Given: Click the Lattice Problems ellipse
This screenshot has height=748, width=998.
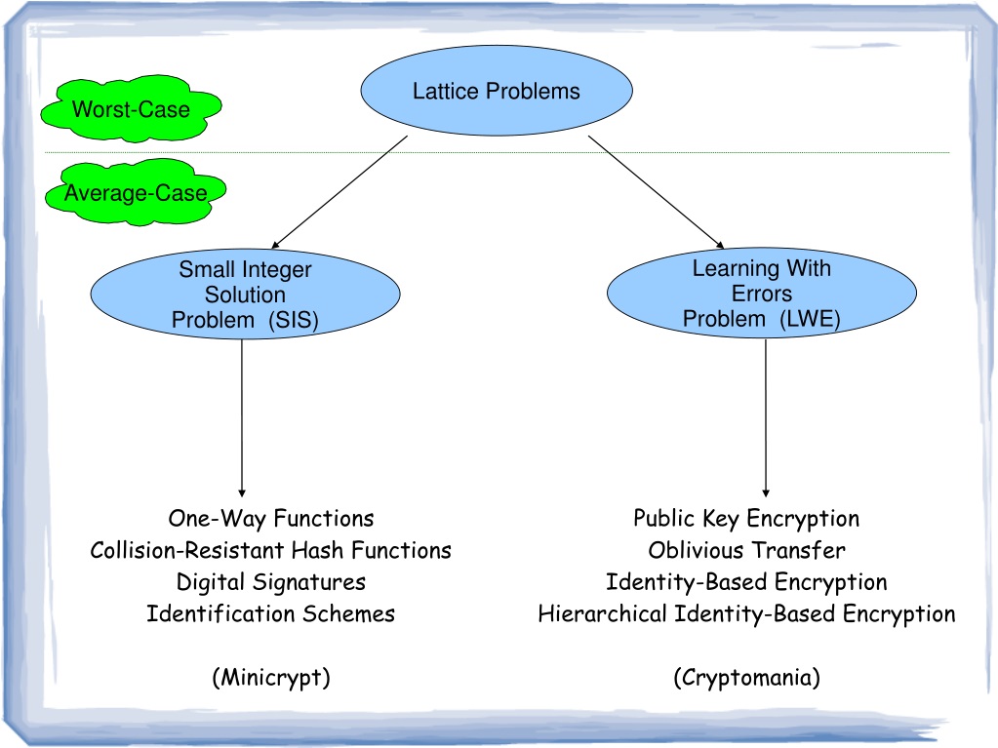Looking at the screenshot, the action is click(497, 91).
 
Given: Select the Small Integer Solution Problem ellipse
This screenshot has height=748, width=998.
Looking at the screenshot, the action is click(245, 294).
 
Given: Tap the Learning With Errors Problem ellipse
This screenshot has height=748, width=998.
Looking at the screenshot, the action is click(762, 293).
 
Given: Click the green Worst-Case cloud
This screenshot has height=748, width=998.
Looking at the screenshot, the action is click(131, 109).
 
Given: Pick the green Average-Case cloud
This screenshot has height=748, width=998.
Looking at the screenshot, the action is click(136, 192).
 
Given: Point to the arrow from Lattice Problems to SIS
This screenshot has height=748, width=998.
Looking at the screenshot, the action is click(339, 192).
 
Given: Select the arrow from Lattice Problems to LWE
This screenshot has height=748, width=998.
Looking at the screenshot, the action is click(657, 191).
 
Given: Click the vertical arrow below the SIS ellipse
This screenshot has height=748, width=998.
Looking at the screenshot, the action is click(242, 418).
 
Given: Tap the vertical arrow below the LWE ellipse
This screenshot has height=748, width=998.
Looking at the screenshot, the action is click(766, 418).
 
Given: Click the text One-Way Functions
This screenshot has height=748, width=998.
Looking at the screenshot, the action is click(271, 519).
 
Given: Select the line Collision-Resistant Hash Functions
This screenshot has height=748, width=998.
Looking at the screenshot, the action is click(270, 550).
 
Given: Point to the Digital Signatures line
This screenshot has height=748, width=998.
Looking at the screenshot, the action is click(271, 582).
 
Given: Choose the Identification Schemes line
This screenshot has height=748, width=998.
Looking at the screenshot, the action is click(270, 613).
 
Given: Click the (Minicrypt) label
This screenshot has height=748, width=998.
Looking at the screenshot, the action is click(271, 678).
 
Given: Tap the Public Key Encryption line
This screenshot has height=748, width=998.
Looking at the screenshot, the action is click(746, 519).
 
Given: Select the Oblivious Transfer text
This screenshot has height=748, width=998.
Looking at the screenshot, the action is click(746, 550).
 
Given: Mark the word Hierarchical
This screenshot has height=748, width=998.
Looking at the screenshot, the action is click(602, 613).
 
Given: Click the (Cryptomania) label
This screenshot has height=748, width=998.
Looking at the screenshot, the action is click(746, 678).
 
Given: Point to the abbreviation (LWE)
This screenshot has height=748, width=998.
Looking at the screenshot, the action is click(811, 318).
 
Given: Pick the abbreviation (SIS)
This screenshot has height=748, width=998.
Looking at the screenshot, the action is click(294, 319).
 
